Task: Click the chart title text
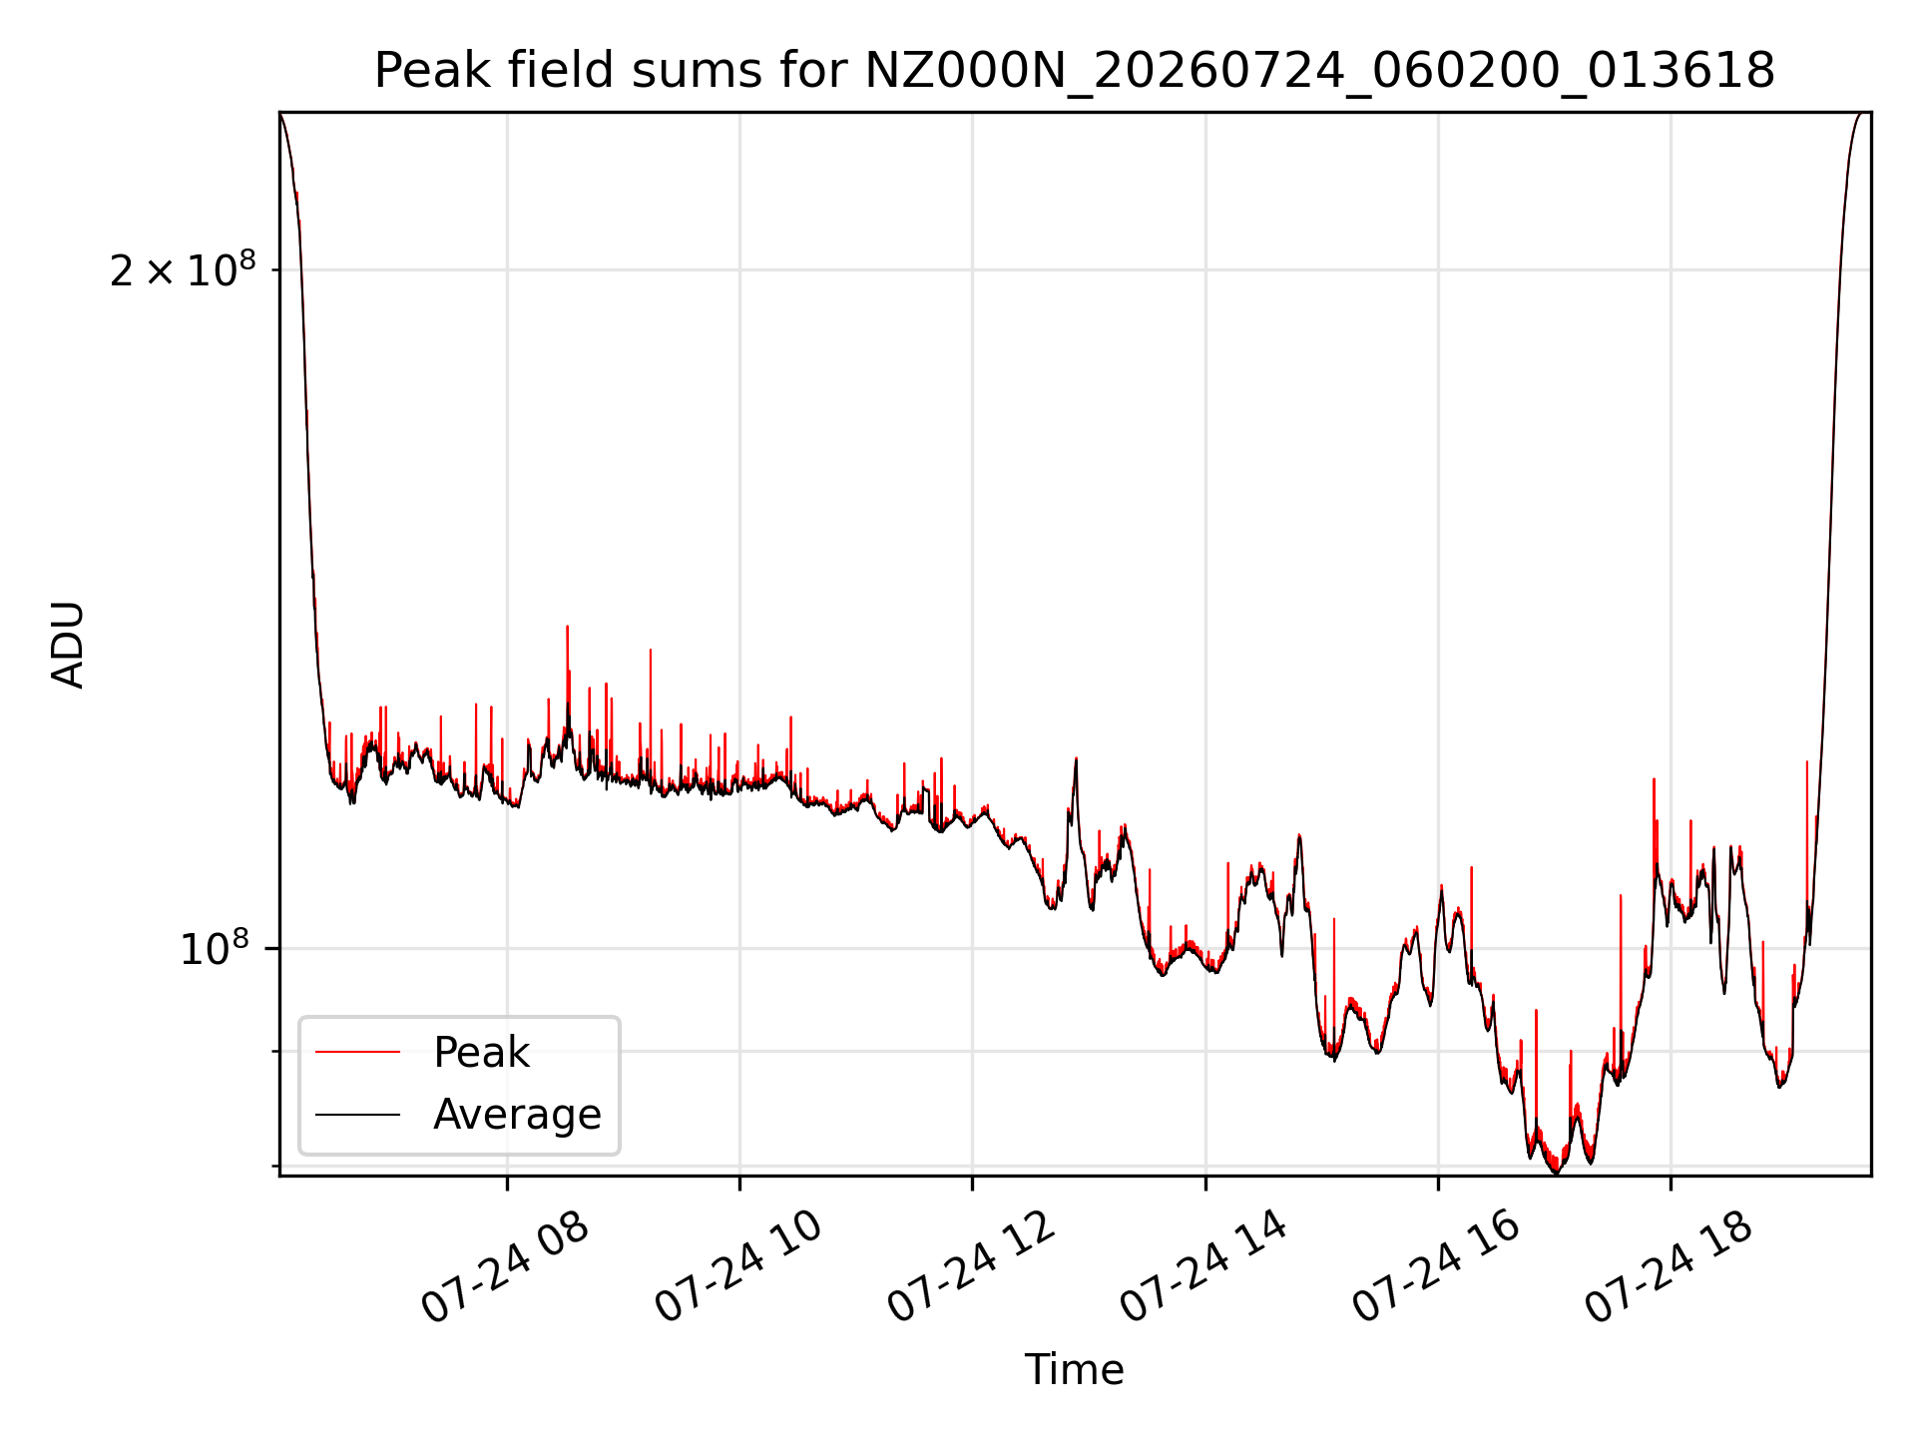click(1074, 71)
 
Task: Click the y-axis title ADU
click(68, 645)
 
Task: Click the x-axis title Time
click(1074, 1369)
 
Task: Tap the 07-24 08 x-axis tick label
click(504, 1267)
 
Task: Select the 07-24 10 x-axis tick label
click(737, 1267)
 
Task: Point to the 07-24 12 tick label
click(970, 1267)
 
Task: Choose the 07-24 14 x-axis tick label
click(1203, 1267)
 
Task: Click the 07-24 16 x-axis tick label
click(1436, 1267)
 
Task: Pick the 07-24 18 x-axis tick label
click(1670, 1267)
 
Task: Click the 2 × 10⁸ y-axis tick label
click(183, 269)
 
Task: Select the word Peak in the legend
click(481, 1053)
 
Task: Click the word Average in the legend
click(517, 1115)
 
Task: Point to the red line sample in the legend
click(357, 1052)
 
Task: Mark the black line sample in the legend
click(357, 1114)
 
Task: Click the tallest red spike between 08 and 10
click(567, 628)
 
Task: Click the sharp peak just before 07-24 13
click(1076, 759)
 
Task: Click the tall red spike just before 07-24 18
click(1654, 779)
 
